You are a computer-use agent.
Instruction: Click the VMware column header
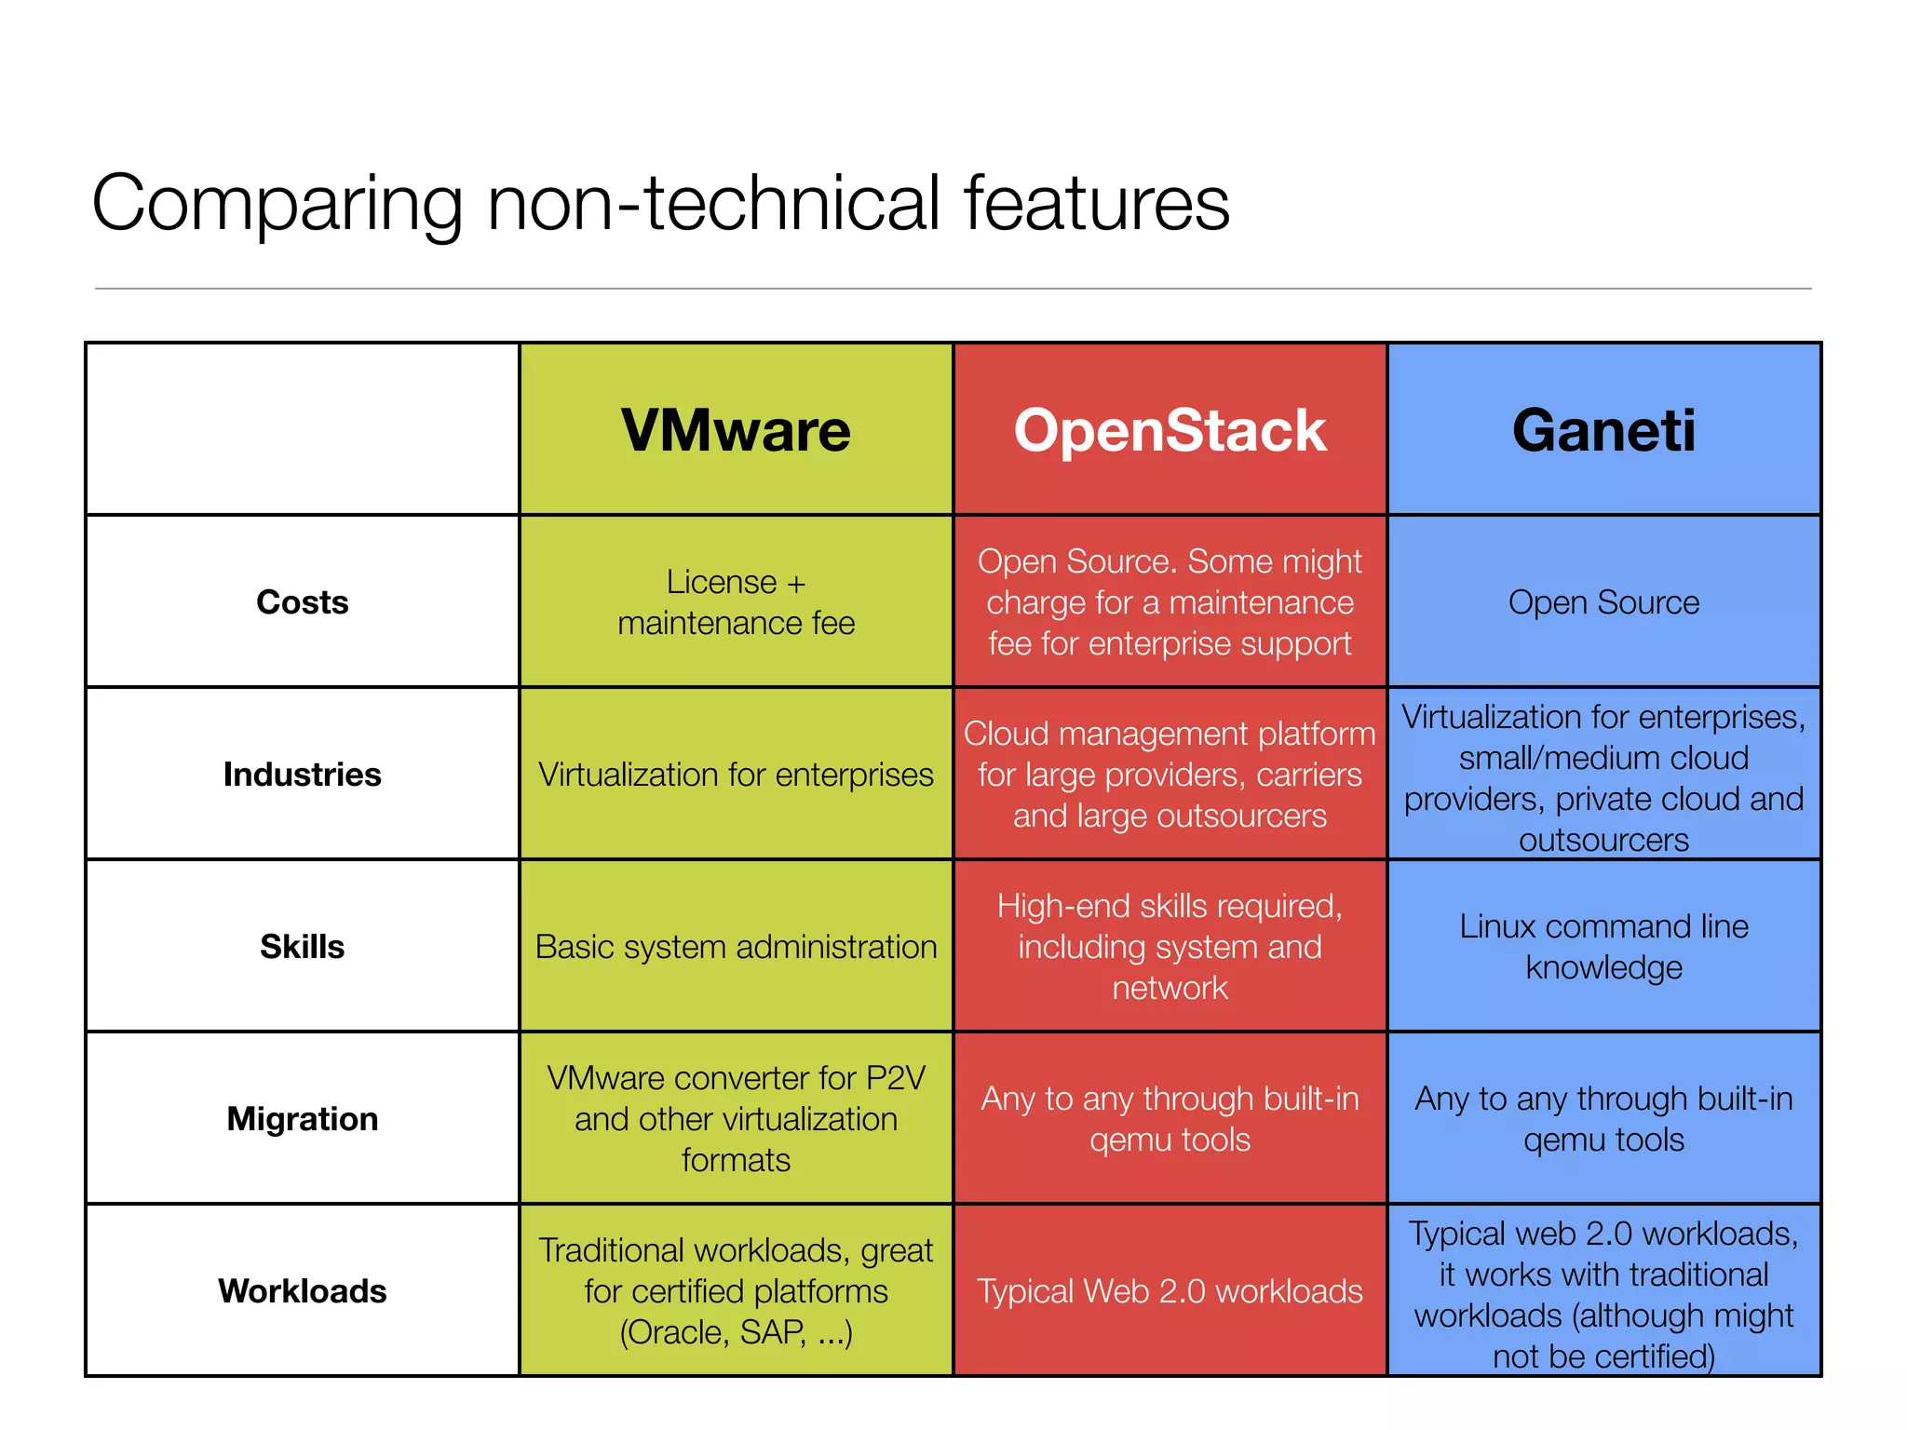pos(736,430)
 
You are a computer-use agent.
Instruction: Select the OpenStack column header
pos(1170,430)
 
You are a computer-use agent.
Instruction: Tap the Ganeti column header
pos(1603,430)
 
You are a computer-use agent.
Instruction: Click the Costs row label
pos(302,602)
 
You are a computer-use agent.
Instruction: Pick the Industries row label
pos(302,775)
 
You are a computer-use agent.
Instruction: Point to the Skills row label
pos(302,947)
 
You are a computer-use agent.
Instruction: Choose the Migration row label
pos(302,1119)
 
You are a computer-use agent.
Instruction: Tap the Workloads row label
pos(302,1291)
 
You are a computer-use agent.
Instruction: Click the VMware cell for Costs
pos(736,602)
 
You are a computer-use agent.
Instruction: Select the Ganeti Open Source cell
pos(1603,602)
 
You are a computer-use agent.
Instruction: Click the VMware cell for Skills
pos(736,947)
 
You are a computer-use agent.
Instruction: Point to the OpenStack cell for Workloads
pos(1170,1291)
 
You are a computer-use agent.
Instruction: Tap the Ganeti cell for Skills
pos(1603,947)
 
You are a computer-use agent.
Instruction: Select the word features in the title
pos(1096,203)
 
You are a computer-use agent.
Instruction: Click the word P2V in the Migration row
pos(896,1078)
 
